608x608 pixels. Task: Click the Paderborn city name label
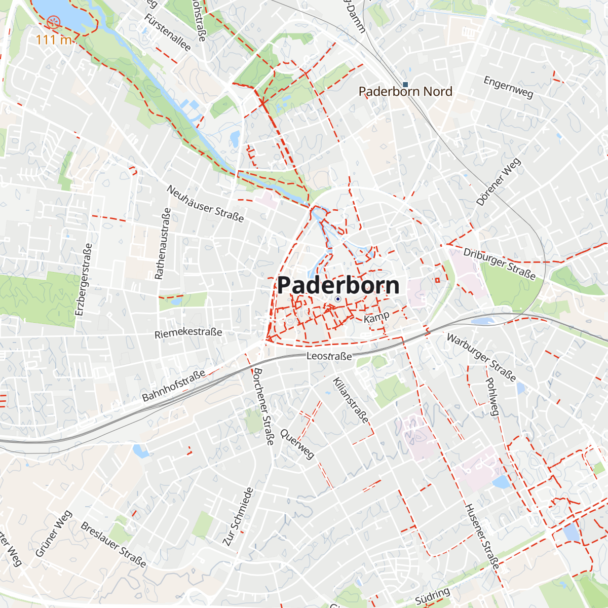(x=338, y=285)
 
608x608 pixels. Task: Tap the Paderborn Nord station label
(x=405, y=92)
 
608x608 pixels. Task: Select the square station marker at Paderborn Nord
(x=405, y=84)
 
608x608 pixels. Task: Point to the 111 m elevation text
(x=54, y=40)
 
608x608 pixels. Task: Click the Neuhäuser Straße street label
(x=205, y=204)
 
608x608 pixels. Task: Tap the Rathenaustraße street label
(x=163, y=244)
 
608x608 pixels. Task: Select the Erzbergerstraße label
(x=84, y=280)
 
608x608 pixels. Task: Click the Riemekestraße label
(x=188, y=333)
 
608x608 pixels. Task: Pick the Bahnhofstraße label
(x=174, y=386)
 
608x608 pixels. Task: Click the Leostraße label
(x=329, y=356)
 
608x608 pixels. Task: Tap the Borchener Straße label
(x=263, y=406)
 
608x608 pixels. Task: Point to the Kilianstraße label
(x=351, y=400)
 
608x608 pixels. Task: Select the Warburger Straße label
(x=481, y=358)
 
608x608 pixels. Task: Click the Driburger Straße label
(x=500, y=264)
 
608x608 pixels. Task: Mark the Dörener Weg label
(x=499, y=182)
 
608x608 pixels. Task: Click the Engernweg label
(x=508, y=87)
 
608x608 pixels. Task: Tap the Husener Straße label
(x=482, y=537)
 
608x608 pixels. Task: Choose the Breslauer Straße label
(x=113, y=545)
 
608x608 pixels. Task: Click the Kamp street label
(x=376, y=317)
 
